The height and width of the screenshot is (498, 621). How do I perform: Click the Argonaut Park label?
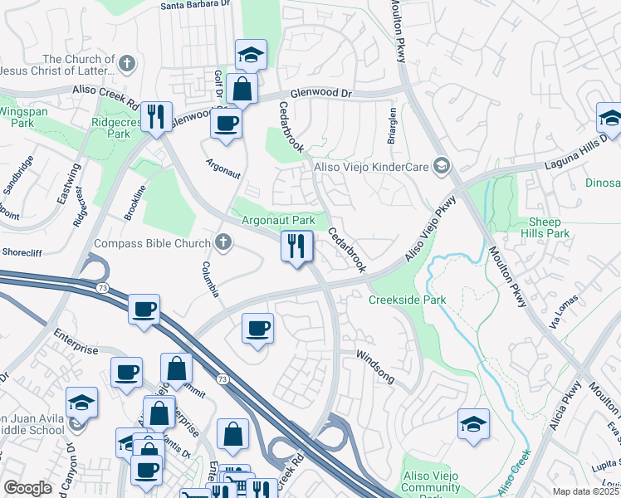[x=277, y=221]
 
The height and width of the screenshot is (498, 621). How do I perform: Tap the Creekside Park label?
[x=407, y=300]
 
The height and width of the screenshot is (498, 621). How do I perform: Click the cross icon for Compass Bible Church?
[x=222, y=243]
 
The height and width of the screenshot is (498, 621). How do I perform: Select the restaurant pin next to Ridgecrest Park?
[x=155, y=116]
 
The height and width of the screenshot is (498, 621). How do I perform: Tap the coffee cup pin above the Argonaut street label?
[x=227, y=124]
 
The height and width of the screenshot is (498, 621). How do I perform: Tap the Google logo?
[x=28, y=488]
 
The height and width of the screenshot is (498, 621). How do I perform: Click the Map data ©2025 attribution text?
[x=585, y=491]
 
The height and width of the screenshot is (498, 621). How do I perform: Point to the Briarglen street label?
[x=391, y=126]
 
